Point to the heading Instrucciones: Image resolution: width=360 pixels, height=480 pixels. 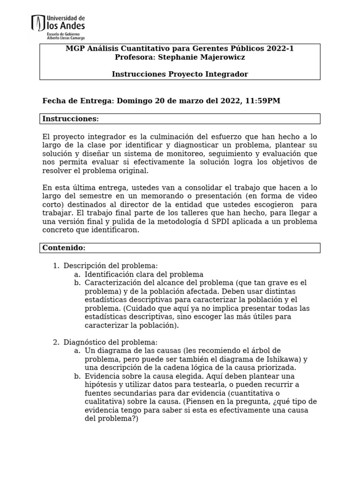tap(71, 119)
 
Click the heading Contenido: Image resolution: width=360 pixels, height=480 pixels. tap(64, 247)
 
